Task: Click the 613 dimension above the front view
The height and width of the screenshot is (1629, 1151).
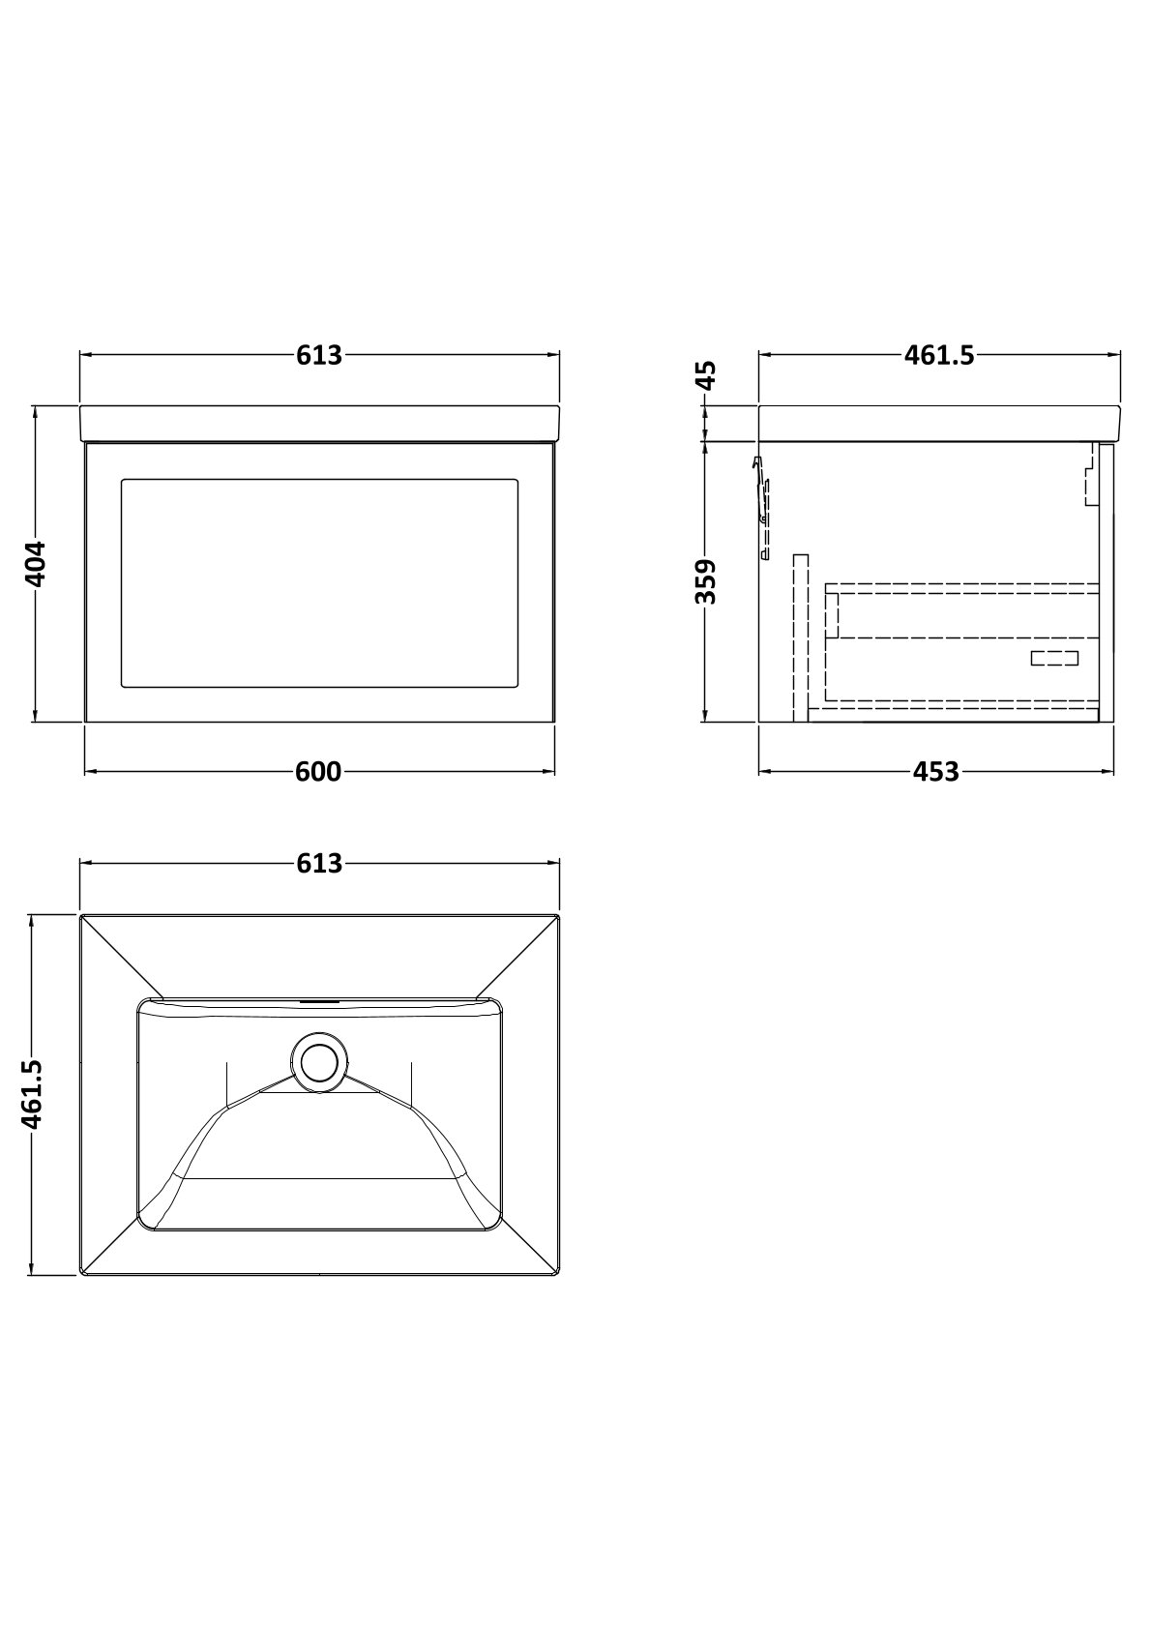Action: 319,355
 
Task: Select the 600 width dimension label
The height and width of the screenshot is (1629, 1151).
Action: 318,772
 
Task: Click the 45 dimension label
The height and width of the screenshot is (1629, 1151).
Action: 706,376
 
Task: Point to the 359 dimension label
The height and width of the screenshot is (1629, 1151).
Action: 706,581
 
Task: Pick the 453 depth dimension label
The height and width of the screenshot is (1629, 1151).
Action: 936,772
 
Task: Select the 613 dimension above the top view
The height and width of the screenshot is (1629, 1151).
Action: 319,863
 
